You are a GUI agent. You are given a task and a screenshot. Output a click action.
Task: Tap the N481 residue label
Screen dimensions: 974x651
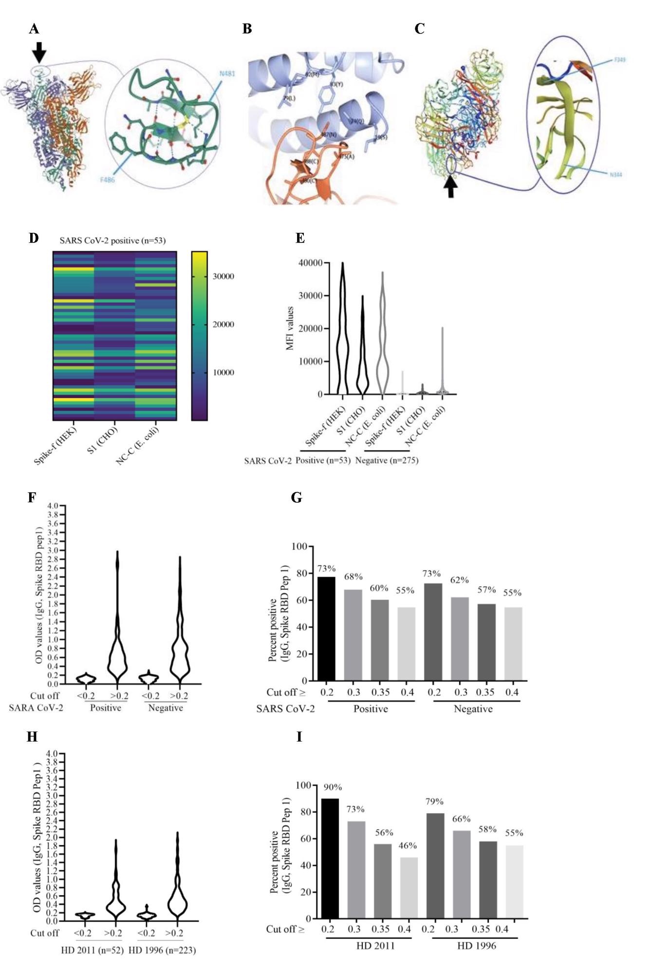[x=226, y=74]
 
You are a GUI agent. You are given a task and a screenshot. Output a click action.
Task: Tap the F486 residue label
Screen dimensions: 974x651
[x=108, y=180]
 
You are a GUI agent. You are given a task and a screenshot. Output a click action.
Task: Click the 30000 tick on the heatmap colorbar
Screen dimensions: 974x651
[x=223, y=276]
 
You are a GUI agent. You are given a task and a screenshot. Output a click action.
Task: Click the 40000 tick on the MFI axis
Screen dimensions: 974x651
[x=310, y=263]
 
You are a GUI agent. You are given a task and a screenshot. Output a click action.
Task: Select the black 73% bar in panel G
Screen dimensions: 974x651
[x=326, y=628]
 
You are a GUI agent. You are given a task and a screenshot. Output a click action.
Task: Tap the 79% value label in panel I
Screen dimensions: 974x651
[x=434, y=801]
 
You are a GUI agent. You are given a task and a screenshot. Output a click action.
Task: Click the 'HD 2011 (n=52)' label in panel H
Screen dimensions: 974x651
[x=93, y=950]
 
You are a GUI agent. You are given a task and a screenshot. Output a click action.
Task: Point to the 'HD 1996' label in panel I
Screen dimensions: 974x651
[x=476, y=946]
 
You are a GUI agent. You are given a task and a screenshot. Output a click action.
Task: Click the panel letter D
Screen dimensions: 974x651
[x=34, y=238]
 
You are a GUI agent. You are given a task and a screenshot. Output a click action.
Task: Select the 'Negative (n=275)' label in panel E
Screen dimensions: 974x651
[x=387, y=460]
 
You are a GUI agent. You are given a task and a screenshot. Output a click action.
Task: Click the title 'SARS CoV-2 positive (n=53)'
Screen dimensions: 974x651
[x=112, y=241]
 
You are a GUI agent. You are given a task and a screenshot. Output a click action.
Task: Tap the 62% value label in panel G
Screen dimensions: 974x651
[x=459, y=580]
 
